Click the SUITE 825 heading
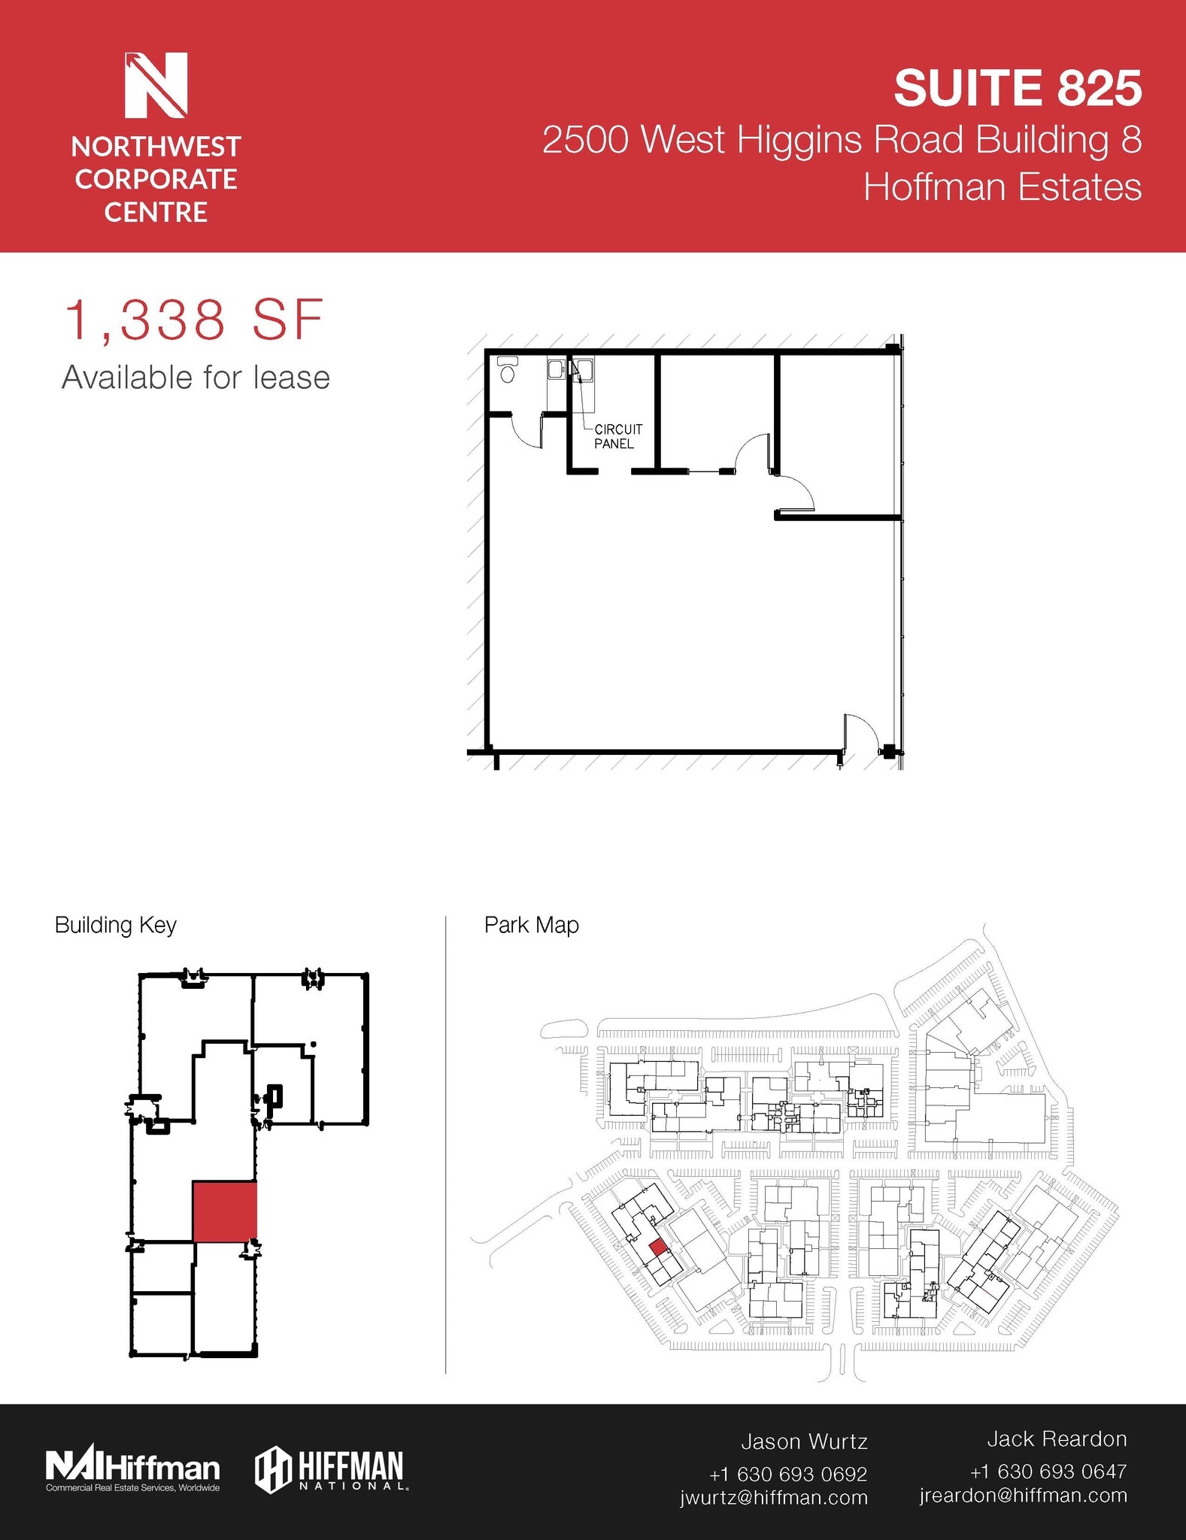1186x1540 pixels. pyautogui.click(x=1018, y=88)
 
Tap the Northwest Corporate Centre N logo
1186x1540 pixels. pyautogui.click(x=156, y=84)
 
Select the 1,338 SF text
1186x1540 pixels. pyautogui.click(x=194, y=320)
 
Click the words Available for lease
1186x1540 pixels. pyautogui.click(x=196, y=377)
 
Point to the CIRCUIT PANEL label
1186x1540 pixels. pyautogui.click(x=617, y=436)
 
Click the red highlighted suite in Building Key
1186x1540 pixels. pyautogui.click(x=225, y=1211)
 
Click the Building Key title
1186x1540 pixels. pyautogui.click(x=115, y=925)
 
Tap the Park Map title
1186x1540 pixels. pyautogui.click(x=531, y=925)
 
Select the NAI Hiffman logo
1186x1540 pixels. pyautogui.click(x=132, y=1469)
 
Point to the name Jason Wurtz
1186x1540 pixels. pyautogui.click(x=804, y=1441)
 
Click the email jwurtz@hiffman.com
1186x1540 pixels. pyautogui.click(x=774, y=1497)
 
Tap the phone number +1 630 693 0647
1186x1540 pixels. pyautogui.click(x=1048, y=1471)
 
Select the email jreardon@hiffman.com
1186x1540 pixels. pyautogui.click(x=1023, y=1495)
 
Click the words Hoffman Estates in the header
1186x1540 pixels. pyautogui.click(x=1002, y=187)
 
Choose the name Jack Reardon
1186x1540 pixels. pyautogui.click(x=1057, y=1439)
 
